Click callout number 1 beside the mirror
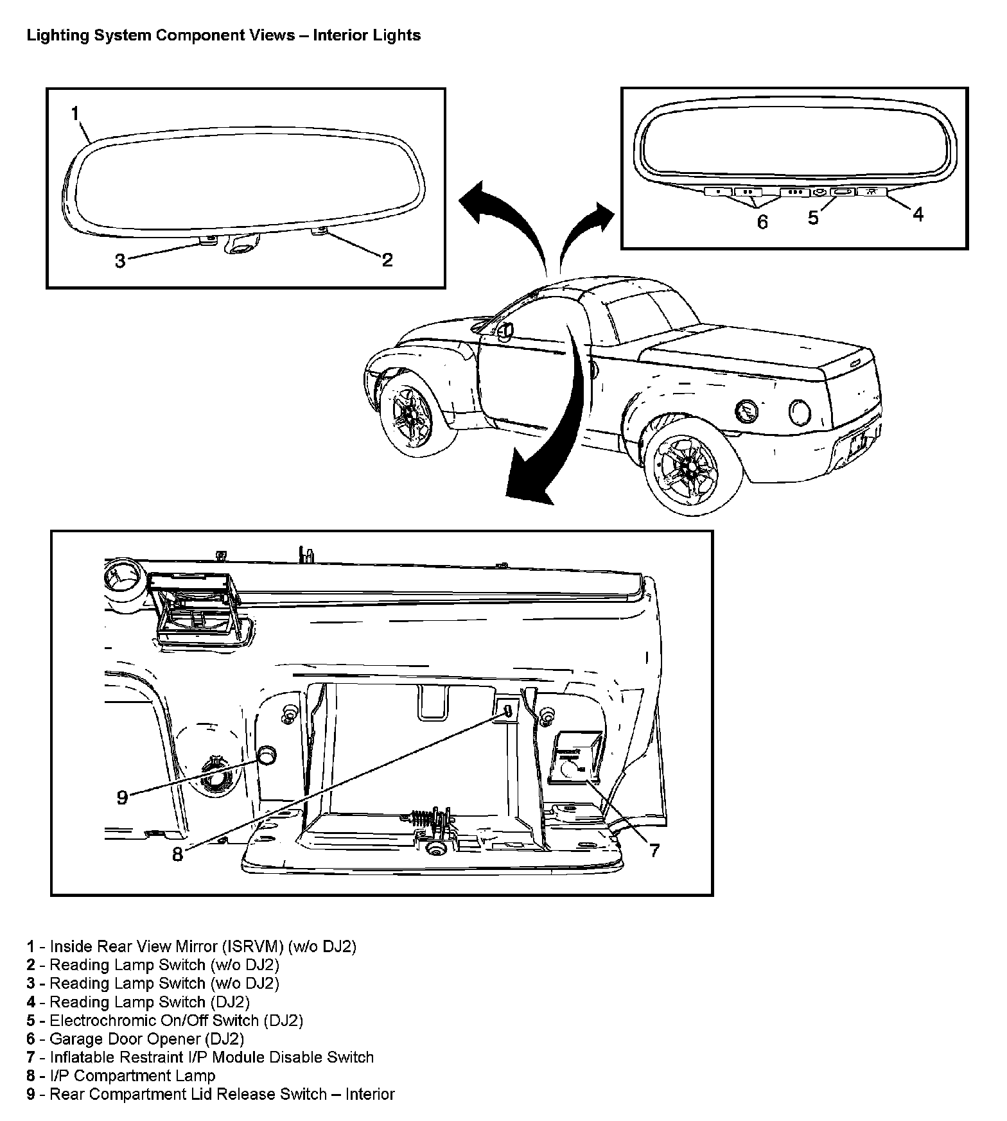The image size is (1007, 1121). point(75,114)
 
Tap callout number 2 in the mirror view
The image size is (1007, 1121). point(387,259)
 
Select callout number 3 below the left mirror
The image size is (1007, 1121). point(120,261)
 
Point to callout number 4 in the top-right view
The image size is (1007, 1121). point(918,214)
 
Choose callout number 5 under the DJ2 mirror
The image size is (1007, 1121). point(813,218)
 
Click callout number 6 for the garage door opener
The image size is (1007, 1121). point(762,222)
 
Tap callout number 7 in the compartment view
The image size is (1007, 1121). point(654,851)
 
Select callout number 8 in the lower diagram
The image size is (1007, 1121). point(177,855)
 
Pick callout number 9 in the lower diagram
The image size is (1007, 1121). point(122,797)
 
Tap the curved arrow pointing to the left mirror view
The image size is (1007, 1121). point(495,212)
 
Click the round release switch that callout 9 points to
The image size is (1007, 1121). point(267,755)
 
